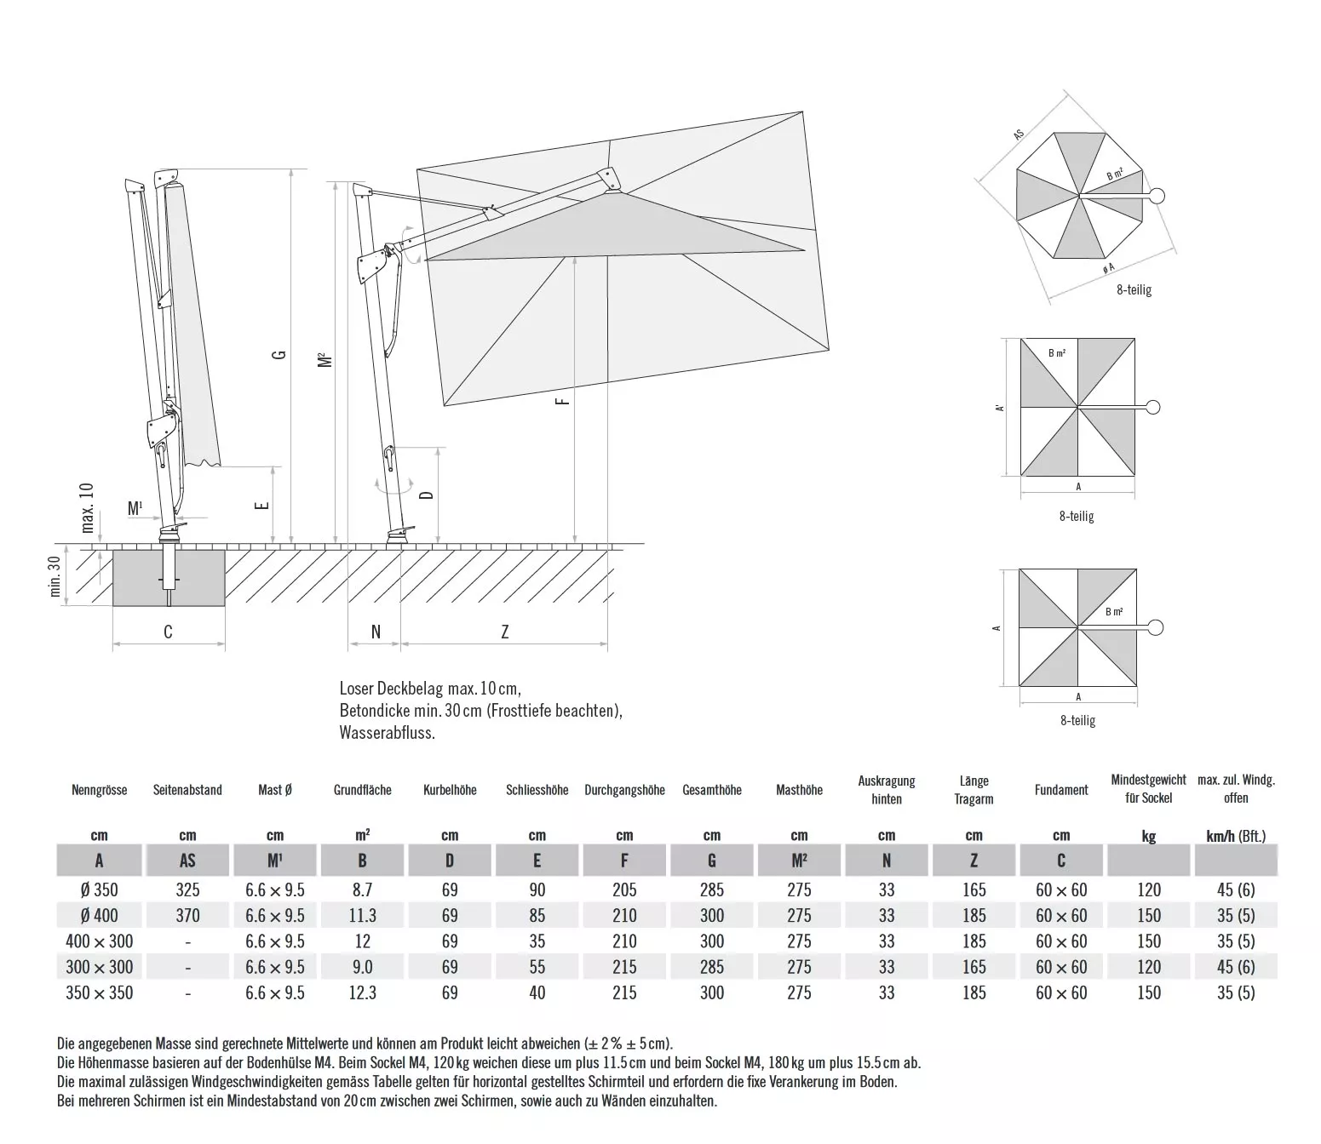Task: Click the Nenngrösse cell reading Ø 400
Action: coord(99,916)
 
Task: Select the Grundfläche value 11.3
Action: coord(362,916)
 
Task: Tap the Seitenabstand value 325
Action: coord(187,890)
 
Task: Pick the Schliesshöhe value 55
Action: coord(537,967)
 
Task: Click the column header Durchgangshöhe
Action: coord(624,790)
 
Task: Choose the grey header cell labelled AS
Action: coord(187,861)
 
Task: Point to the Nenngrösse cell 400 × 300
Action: coord(99,941)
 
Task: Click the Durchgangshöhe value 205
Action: coord(624,890)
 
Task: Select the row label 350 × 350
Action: coord(99,992)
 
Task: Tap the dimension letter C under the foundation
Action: coord(168,632)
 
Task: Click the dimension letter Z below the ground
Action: coord(504,632)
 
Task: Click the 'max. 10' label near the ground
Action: coord(87,507)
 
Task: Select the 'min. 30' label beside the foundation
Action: coord(56,576)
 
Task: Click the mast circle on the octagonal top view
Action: coord(1156,197)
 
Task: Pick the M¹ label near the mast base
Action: coord(135,509)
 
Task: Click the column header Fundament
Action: coord(1061,790)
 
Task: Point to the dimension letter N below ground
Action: coord(376,632)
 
